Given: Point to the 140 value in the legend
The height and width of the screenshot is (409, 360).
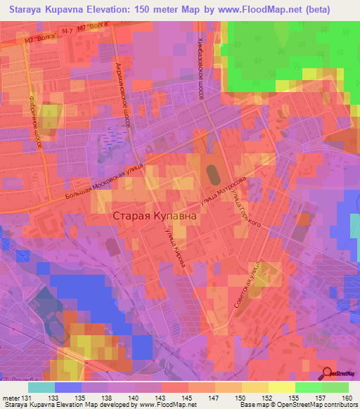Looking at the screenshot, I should point(148,398).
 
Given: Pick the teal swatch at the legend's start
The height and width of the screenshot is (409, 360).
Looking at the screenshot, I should point(41,387).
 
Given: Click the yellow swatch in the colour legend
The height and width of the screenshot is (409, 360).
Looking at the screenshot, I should point(282,387).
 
